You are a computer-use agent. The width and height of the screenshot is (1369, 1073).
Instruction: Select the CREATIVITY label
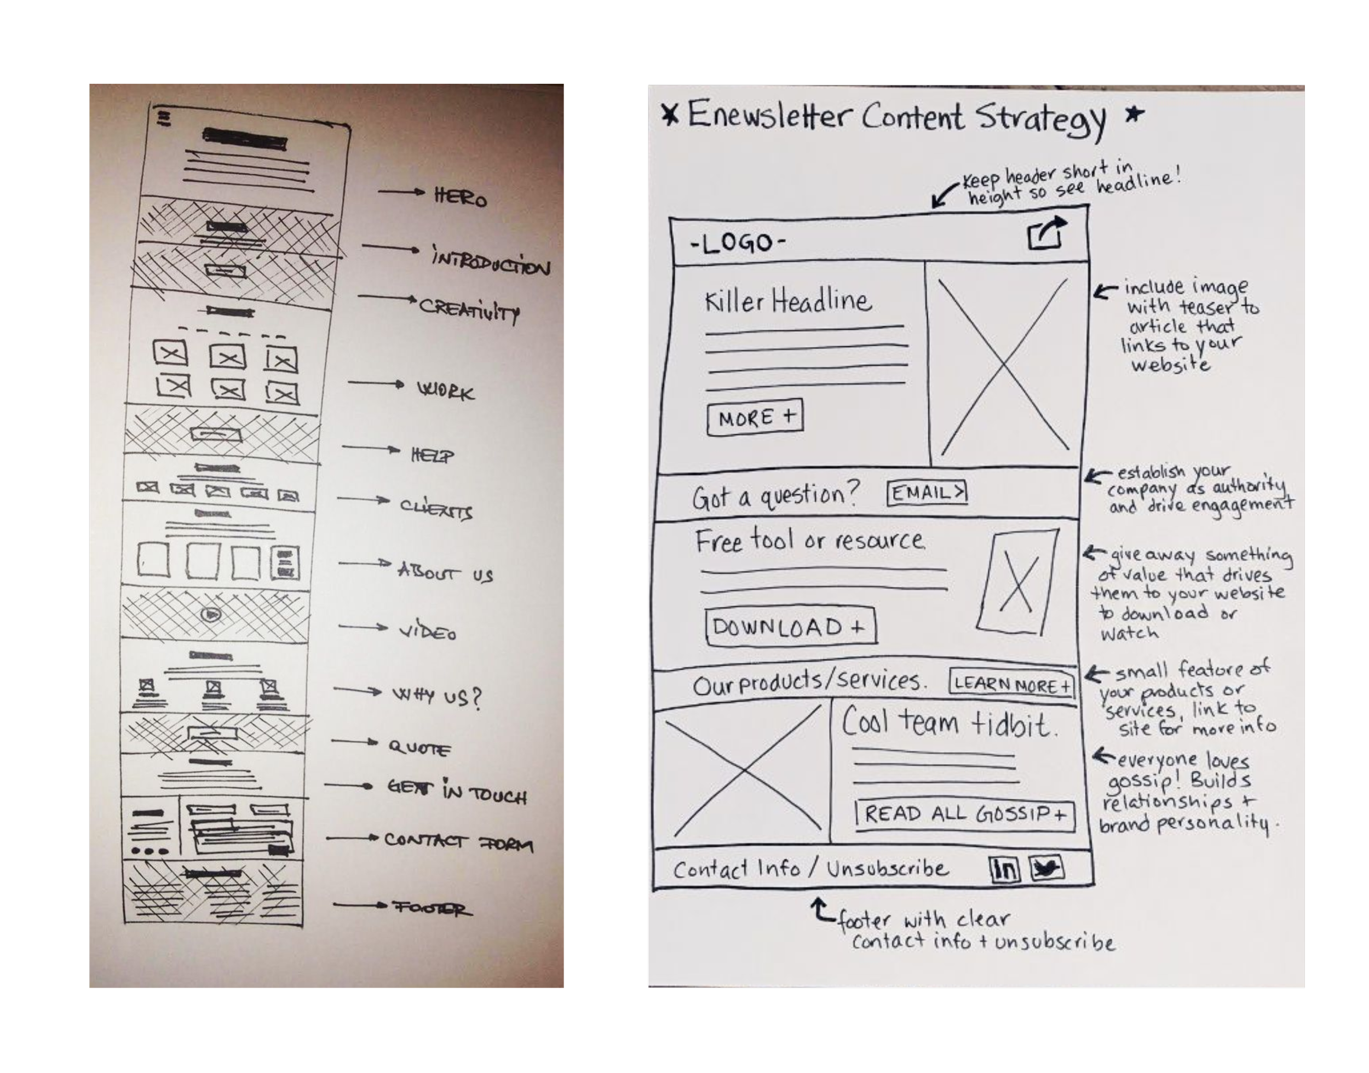pyautogui.click(x=469, y=309)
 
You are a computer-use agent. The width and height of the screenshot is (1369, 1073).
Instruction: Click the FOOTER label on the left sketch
pyautogui.click(x=432, y=908)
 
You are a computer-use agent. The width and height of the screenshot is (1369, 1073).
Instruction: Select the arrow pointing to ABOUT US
pyautogui.click(x=364, y=564)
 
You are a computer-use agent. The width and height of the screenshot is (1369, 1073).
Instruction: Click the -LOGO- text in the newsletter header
pyautogui.click(x=738, y=243)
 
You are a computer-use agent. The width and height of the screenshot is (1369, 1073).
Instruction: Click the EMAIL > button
pyautogui.click(x=927, y=492)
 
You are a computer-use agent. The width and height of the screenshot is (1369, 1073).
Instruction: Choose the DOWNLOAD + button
pyautogui.click(x=790, y=627)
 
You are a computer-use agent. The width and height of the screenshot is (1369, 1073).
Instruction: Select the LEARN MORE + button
pyautogui.click(x=1011, y=684)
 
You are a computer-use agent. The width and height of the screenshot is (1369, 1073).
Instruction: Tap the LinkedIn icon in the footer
pyautogui.click(x=1005, y=869)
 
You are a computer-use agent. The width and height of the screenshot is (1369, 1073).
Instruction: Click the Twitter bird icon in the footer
pyautogui.click(x=1045, y=869)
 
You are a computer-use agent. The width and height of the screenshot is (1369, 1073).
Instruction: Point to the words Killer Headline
pyautogui.click(x=788, y=302)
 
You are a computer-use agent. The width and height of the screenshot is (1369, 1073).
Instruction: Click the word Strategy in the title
pyautogui.click(x=1040, y=119)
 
